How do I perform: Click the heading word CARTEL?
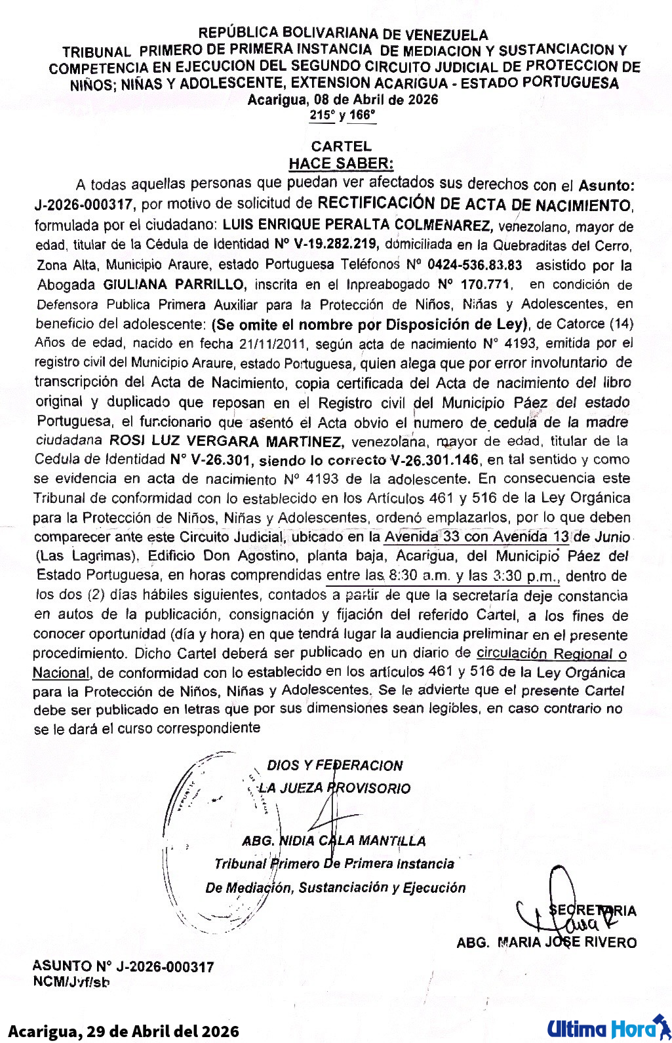tap(341, 146)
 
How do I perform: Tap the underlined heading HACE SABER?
tap(341, 163)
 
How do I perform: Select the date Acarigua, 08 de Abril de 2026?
tap(343, 100)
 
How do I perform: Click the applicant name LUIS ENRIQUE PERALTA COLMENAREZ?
tap(357, 225)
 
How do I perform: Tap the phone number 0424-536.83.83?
tap(475, 265)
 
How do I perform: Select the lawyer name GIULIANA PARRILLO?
tap(174, 285)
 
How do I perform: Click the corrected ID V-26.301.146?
tap(434, 460)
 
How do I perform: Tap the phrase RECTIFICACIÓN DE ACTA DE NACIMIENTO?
tap(475, 205)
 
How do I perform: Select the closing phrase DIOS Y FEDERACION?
tap(334, 765)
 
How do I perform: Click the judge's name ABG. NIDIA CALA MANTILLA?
tap(334, 840)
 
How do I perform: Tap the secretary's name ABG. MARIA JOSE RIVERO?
tap(546, 942)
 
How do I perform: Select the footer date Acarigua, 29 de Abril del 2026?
tap(123, 1031)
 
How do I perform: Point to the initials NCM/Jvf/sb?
tap(71, 981)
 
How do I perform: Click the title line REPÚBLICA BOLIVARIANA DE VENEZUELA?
tap(343, 33)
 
